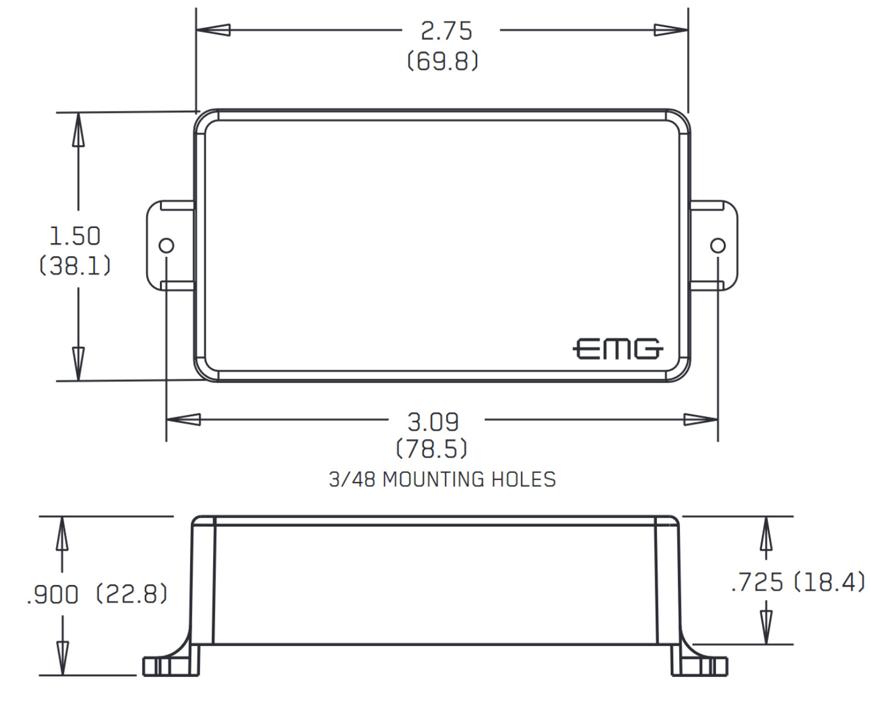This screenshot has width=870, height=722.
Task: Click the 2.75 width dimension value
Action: (446, 31)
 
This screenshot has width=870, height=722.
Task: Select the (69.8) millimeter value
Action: (442, 61)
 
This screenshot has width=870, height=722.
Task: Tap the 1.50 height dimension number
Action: (75, 236)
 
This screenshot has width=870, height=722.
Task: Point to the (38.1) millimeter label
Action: (75, 265)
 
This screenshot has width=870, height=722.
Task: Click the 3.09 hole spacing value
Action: (433, 422)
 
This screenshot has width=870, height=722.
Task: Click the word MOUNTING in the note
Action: (433, 480)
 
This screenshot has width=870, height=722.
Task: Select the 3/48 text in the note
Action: (352, 480)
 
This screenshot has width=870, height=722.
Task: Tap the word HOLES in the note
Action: (523, 480)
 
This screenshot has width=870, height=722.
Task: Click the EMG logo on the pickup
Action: (618, 349)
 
